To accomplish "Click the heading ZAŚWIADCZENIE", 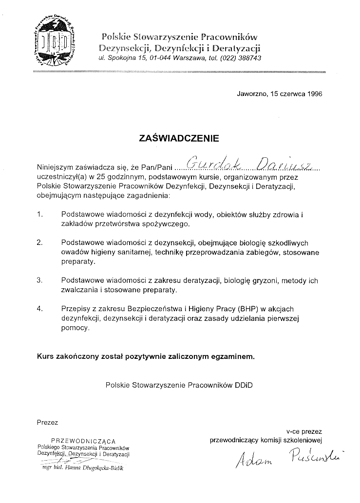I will (x=179, y=138).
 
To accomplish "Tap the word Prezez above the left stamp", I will (x=47, y=422).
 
